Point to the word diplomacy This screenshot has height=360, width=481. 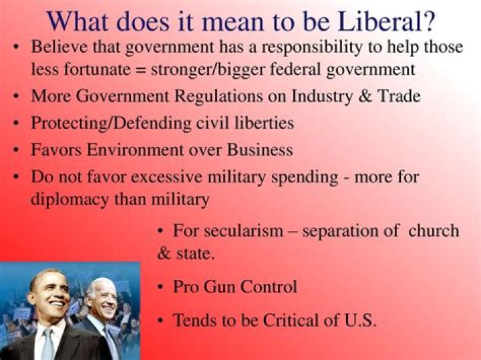[69, 198]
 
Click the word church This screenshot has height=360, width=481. [435, 231]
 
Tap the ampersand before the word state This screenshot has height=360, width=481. [164, 254]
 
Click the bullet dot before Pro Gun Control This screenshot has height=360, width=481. [161, 288]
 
